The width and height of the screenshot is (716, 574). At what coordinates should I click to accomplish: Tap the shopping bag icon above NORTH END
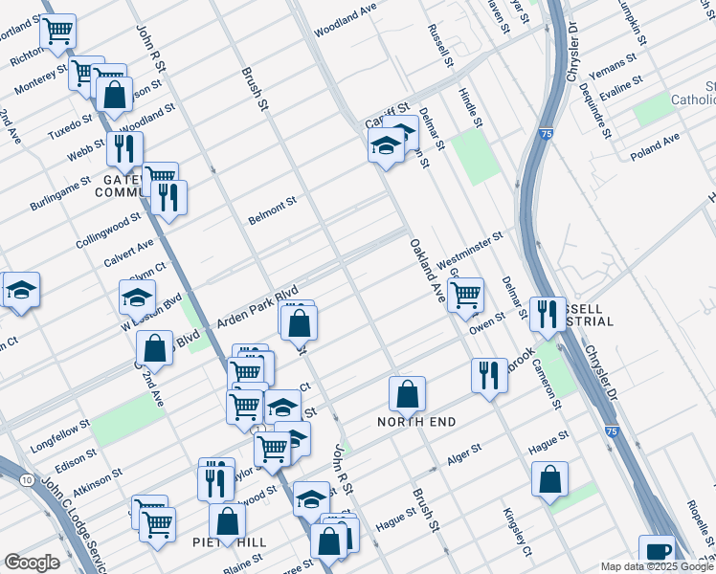pyautogui.click(x=407, y=391)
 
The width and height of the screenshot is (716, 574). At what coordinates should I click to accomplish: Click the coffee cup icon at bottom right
pyautogui.click(x=657, y=550)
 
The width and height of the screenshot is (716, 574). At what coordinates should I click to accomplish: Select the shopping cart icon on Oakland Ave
pyautogui.click(x=465, y=294)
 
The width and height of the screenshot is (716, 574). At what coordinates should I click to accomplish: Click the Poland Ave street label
pyautogui.click(x=655, y=145)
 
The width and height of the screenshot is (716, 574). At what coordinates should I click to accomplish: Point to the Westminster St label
pyautogui.click(x=470, y=250)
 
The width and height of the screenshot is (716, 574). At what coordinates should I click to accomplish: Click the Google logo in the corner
pyautogui.click(x=32, y=563)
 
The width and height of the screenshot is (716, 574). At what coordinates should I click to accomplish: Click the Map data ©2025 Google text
pyautogui.click(x=657, y=566)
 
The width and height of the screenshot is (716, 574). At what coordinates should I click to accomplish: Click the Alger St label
pyautogui.click(x=462, y=453)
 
